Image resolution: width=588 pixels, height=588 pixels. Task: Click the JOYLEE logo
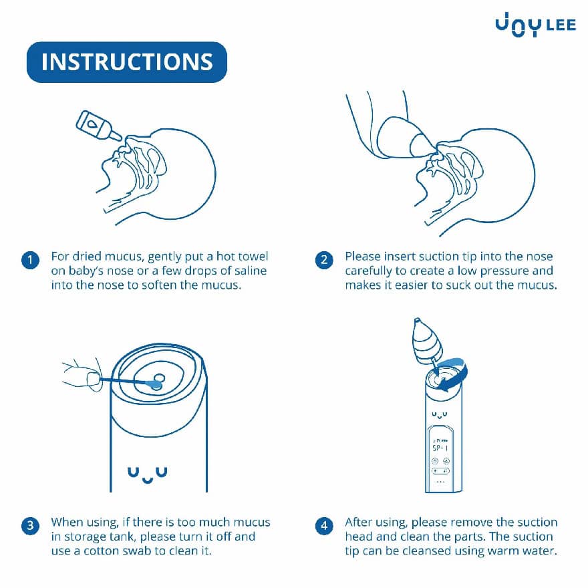535,25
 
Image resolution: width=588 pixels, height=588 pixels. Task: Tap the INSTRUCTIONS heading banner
127,62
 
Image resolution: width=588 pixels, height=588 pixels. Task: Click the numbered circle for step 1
30,260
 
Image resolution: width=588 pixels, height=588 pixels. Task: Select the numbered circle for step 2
324,260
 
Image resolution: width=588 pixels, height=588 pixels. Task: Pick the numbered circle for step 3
30,526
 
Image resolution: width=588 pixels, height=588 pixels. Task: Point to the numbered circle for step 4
324,526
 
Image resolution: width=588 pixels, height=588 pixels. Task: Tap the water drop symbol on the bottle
92,124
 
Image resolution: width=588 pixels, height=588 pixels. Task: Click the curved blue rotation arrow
454,375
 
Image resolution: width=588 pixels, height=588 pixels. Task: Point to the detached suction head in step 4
427,341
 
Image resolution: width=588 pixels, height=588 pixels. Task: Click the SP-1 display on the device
440,448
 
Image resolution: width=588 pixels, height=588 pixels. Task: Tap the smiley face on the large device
148,474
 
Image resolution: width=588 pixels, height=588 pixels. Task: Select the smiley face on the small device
440,415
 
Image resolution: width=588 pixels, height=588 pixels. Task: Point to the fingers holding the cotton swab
82,376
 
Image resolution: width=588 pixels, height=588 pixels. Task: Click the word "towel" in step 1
253,257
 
